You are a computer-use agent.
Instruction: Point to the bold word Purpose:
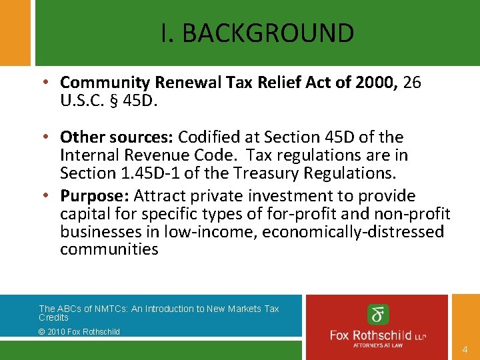[95, 196]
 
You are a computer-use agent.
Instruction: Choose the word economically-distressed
[353, 232]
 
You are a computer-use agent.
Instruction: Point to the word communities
[109, 250]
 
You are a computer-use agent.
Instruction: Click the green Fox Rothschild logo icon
[378, 315]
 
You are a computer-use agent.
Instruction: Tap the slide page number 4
[464, 349]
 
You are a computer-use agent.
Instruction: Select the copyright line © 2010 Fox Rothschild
[79, 332]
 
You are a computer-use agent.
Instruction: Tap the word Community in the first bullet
[105, 83]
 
